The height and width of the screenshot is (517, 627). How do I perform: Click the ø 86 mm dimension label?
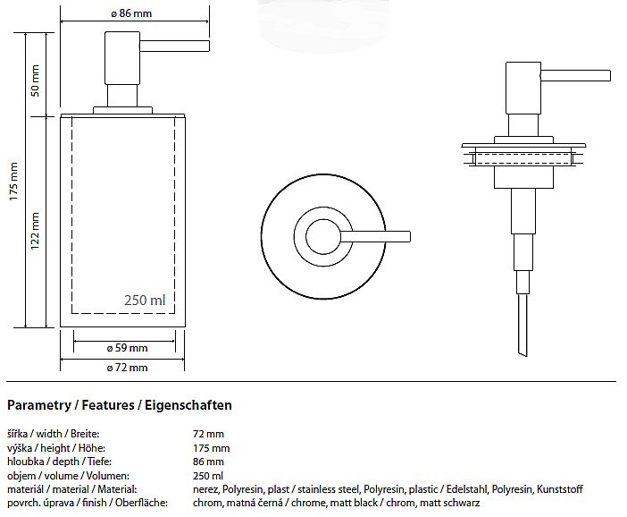[x=131, y=13]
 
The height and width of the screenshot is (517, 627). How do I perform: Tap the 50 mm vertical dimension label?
[x=35, y=81]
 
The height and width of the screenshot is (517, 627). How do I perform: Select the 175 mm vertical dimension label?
[x=13, y=182]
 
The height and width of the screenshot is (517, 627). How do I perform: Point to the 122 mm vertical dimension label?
[x=35, y=231]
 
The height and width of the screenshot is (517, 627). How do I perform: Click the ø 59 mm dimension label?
[x=128, y=348]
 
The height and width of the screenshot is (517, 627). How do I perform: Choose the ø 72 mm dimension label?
[x=128, y=368]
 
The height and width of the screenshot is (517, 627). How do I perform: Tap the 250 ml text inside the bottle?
[x=145, y=300]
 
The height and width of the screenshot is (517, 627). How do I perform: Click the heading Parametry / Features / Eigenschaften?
[x=120, y=405]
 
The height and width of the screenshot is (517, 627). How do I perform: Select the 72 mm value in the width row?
[x=208, y=434]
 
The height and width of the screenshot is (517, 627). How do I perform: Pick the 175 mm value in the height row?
[x=211, y=448]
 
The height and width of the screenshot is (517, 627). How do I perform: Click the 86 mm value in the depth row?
[x=208, y=462]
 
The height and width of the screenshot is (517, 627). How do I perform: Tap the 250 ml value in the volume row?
[x=208, y=476]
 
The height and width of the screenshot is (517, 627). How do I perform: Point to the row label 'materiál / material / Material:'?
[x=72, y=489]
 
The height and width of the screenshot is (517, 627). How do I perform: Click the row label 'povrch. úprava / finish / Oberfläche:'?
[x=88, y=503]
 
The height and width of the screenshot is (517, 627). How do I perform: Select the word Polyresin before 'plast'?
[x=243, y=489]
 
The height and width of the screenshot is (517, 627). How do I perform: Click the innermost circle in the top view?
[x=323, y=237]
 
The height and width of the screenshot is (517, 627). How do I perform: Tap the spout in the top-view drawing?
[x=375, y=237]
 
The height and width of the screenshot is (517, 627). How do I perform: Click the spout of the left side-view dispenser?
[x=174, y=46]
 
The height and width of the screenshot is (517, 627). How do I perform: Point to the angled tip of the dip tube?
[x=522, y=352]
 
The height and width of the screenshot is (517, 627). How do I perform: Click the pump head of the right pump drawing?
[x=523, y=88]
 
